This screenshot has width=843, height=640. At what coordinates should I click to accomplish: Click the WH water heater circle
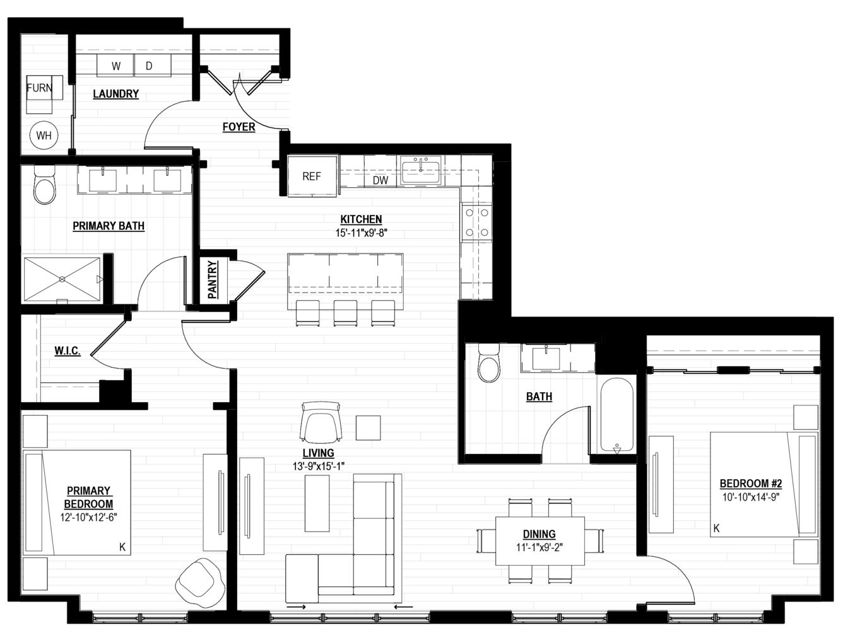(x=44, y=135)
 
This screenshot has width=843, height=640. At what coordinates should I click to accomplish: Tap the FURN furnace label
(x=39, y=88)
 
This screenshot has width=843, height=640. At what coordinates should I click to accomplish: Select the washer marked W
(x=115, y=66)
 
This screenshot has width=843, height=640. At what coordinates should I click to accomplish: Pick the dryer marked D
(x=153, y=66)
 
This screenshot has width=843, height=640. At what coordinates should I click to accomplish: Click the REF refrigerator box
(x=312, y=177)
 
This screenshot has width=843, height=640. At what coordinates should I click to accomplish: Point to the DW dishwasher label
(x=380, y=180)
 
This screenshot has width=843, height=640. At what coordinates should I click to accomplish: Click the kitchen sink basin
(x=420, y=172)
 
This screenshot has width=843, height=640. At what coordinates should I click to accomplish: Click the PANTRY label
(x=213, y=280)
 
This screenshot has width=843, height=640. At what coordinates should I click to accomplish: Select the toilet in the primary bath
(x=45, y=185)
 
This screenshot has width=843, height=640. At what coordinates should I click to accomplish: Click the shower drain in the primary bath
(x=62, y=280)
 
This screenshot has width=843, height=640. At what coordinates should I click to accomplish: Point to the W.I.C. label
(x=68, y=351)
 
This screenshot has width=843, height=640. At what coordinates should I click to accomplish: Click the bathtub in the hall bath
(x=616, y=415)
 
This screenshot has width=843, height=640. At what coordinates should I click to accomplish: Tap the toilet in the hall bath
(x=489, y=363)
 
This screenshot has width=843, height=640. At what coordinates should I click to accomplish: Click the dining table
(x=540, y=541)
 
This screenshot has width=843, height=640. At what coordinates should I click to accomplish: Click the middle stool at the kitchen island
(x=345, y=313)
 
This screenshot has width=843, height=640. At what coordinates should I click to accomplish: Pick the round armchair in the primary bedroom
(x=200, y=581)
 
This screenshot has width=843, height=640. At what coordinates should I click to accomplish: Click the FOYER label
(x=239, y=127)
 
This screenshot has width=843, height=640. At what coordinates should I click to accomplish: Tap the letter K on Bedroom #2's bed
(x=716, y=529)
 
